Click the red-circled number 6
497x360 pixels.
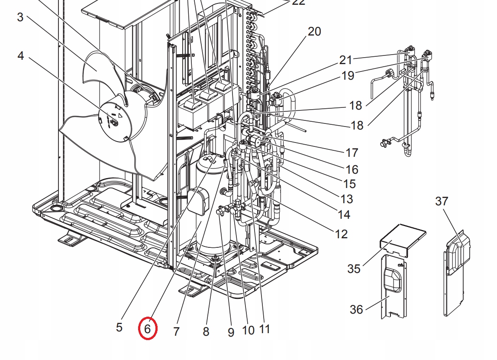pos(147,329)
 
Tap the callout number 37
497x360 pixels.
pos(442,201)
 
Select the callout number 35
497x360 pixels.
pos(354,269)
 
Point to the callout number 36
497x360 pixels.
pos(356,309)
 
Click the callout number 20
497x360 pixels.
pos(314,32)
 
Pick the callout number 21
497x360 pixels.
pos(346,60)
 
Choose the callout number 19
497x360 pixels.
pos(348,75)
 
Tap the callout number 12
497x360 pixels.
pos(341,234)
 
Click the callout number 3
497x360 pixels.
pos(20,17)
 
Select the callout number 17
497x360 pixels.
pos(352,152)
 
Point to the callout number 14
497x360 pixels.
pos(344,214)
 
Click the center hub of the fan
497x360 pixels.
pos(115,123)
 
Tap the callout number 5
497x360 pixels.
pos(119,327)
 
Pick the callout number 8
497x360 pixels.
pos(206,331)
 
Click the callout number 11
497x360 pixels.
pos(265,329)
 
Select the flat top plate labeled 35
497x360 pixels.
pos(400,236)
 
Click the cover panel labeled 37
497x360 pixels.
pos(455,269)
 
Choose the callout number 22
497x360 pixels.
pos(299,3)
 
